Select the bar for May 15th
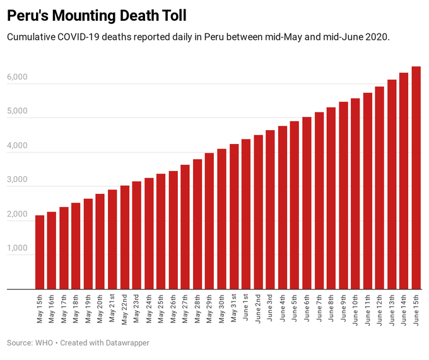(40, 253)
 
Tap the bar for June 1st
(246, 215)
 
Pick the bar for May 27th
(185, 227)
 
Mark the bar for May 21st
(112, 240)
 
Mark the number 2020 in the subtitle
(376, 37)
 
